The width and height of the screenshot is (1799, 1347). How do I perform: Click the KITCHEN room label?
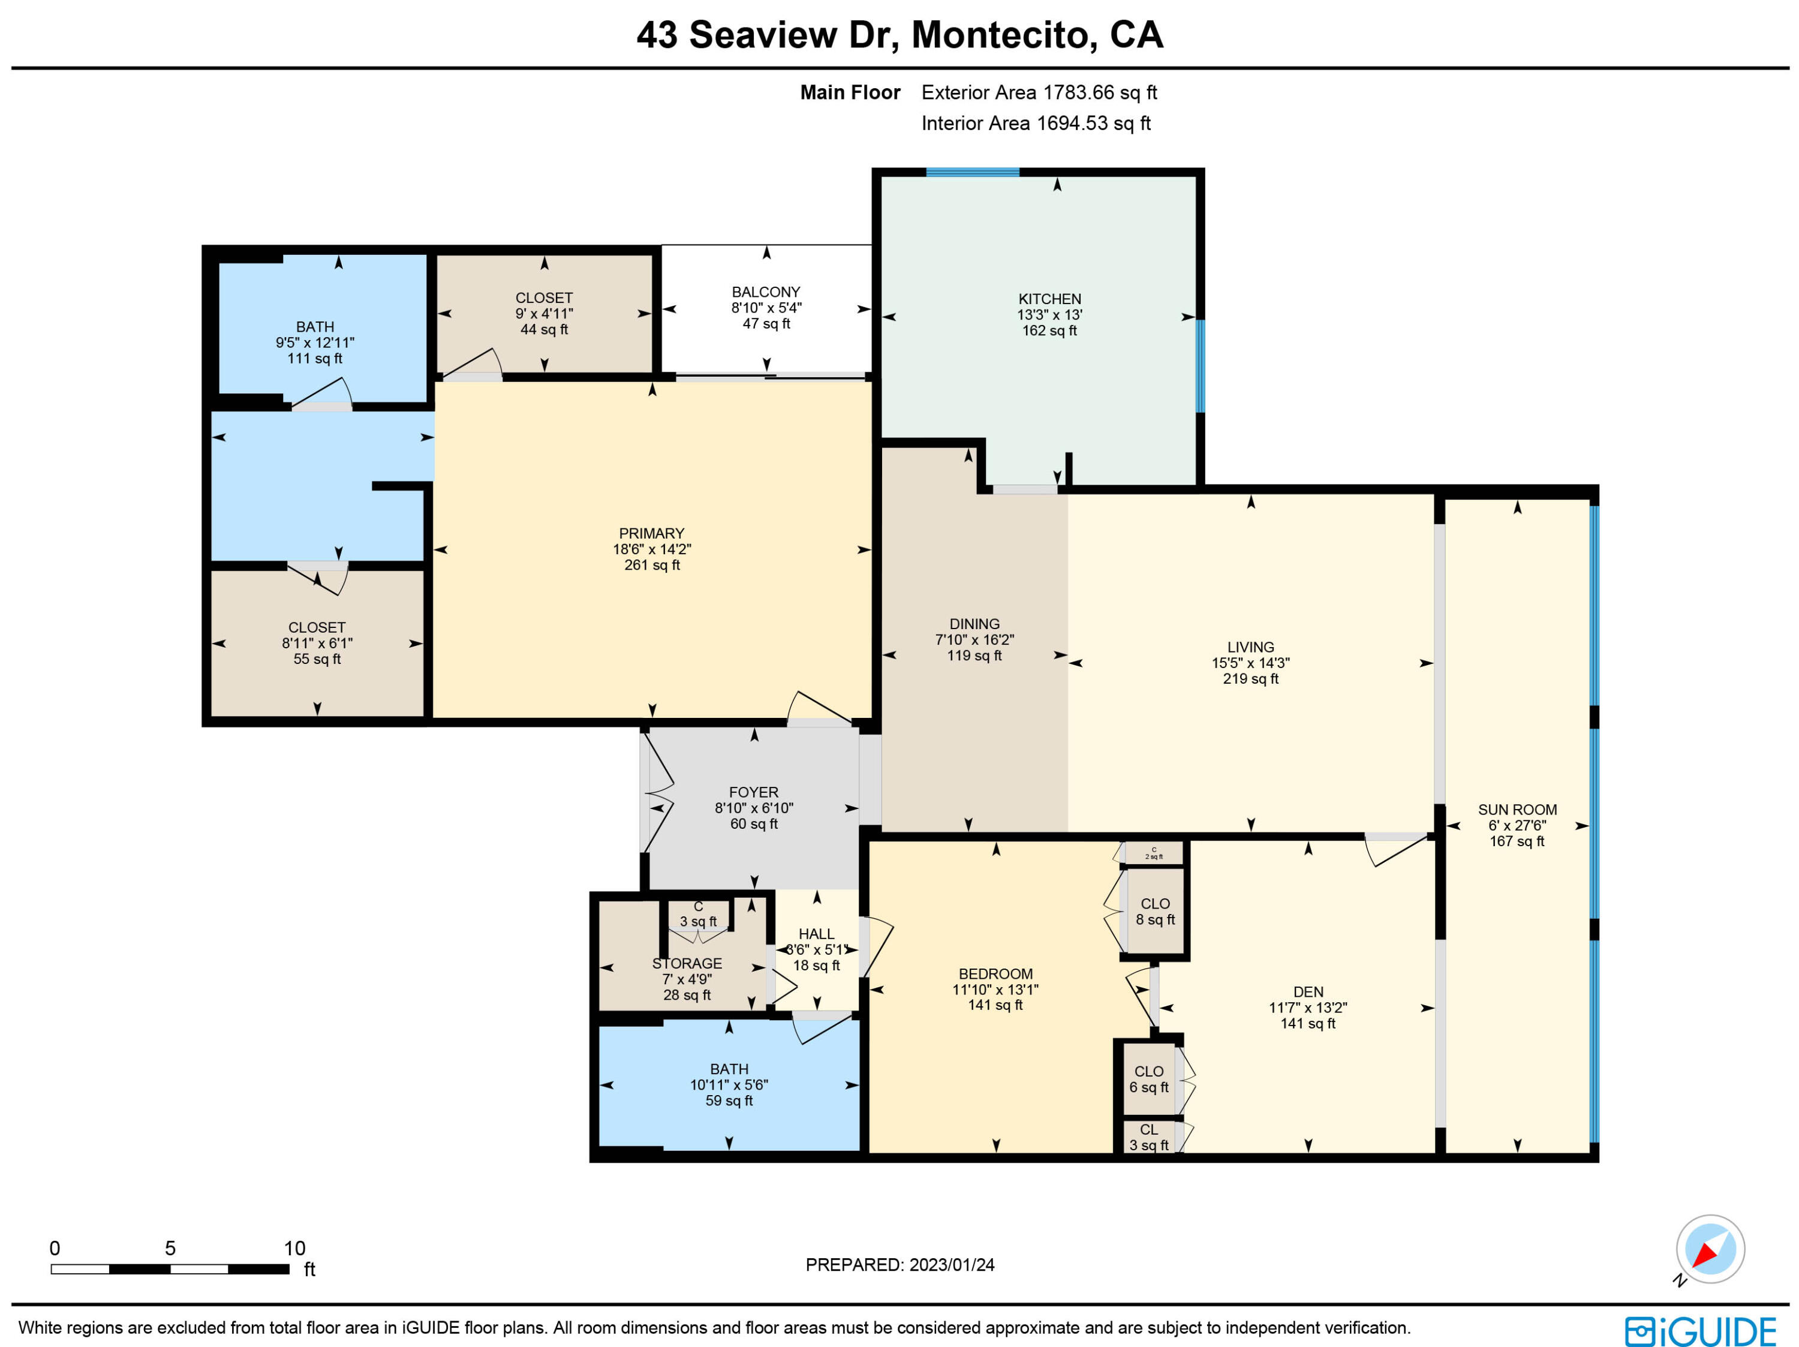(1049, 299)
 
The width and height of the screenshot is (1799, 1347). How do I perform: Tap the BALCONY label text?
(765, 291)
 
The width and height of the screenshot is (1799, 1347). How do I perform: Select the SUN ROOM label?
(1517, 809)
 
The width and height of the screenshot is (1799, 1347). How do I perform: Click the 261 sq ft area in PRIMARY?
(651, 564)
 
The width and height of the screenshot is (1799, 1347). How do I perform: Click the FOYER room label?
(753, 792)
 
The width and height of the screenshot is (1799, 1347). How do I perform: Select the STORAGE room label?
(687, 963)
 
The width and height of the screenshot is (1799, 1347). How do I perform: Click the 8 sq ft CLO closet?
(1155, 912)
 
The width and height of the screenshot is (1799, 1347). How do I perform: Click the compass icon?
(1710, 1249)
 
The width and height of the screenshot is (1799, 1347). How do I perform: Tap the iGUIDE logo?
(1701, 1331)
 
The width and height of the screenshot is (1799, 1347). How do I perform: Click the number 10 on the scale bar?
(294, 1248)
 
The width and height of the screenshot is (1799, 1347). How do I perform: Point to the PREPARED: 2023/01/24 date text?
(899, 1265)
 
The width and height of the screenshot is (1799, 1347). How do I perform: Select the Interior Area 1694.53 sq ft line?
(1035, 124)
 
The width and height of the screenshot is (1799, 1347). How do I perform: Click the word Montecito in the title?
(998, 35)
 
